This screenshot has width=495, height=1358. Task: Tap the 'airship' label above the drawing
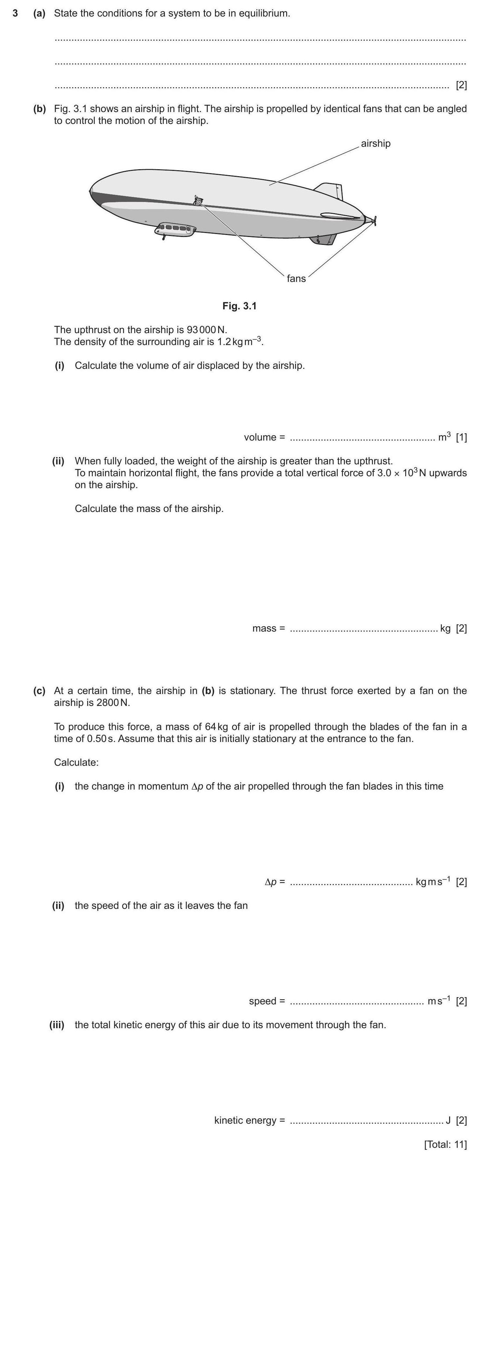(376, 143)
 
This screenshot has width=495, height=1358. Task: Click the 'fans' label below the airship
(296, 278)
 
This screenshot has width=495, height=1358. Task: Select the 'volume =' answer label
(264, 437)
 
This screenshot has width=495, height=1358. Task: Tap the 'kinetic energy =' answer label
(249, 1120)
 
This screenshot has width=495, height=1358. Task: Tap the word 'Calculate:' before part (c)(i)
(76, 762)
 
